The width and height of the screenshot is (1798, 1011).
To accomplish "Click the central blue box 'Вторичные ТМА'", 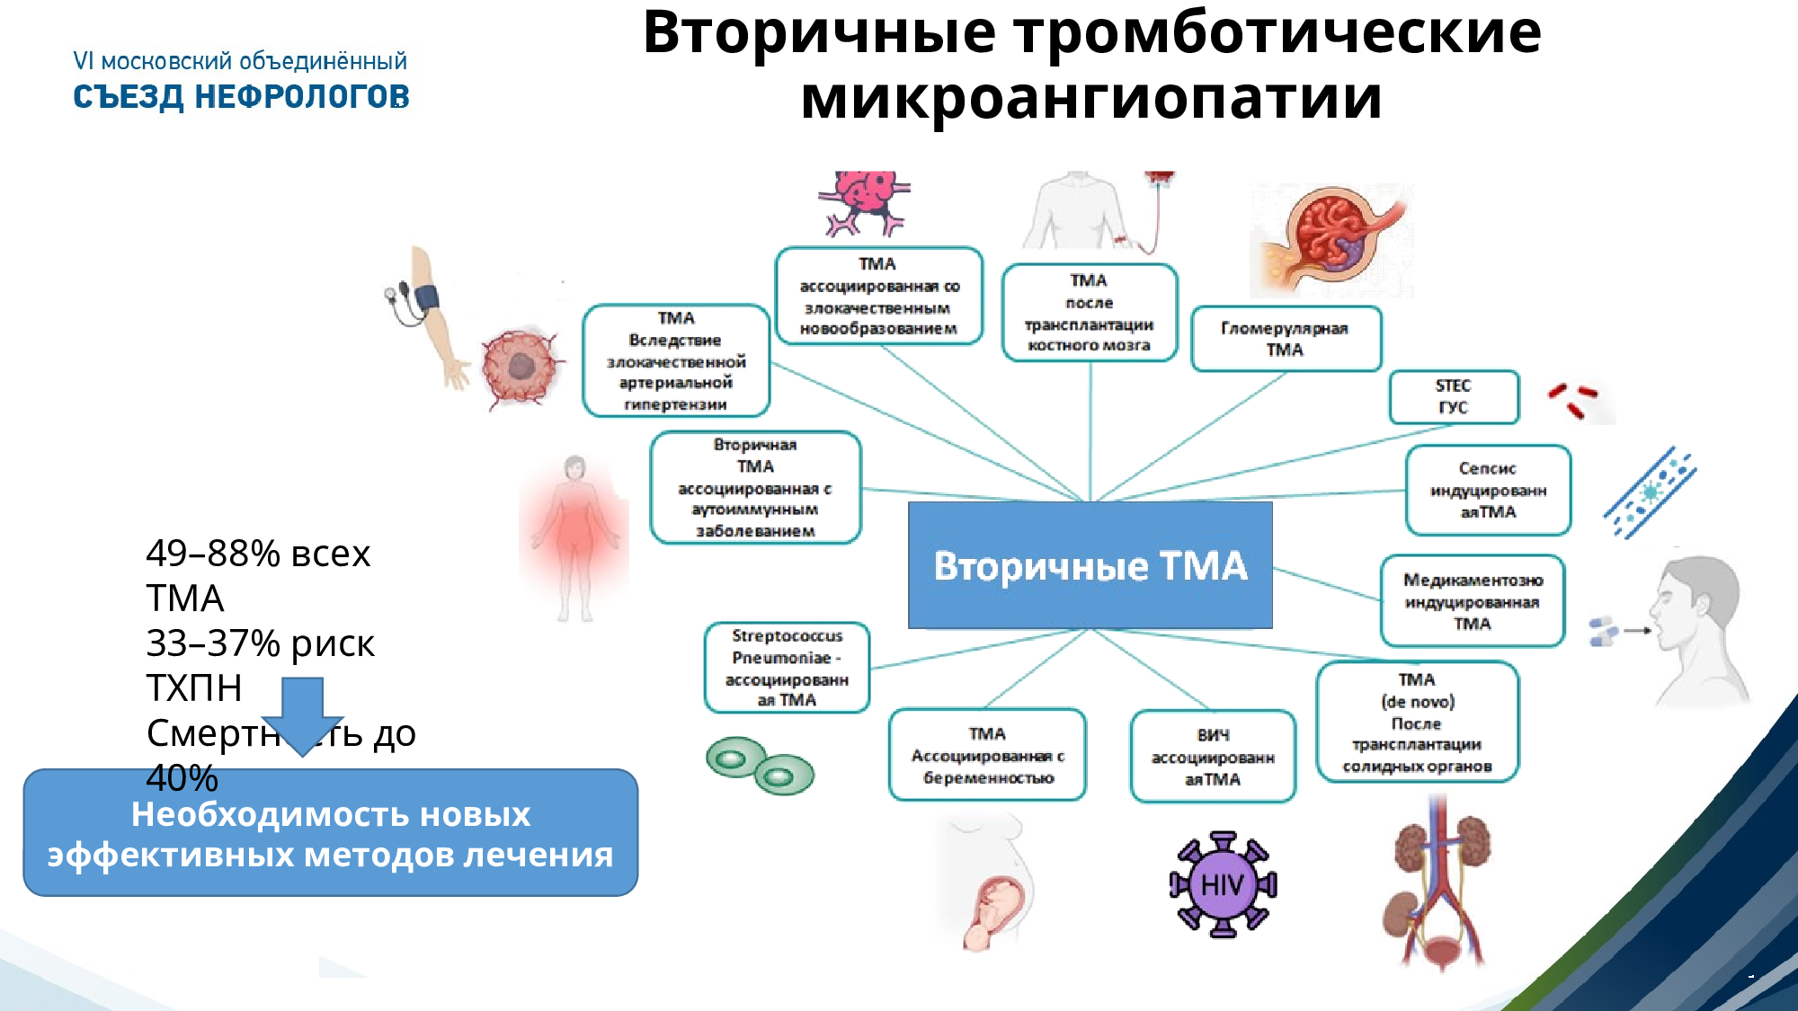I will (x=1090, y=565).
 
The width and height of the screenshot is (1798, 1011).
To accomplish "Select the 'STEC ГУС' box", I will (x=1454, y=396).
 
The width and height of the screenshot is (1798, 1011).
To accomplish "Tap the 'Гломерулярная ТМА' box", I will (x=1286, y=339).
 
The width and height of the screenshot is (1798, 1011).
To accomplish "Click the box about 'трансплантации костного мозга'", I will (x=1089, y=313).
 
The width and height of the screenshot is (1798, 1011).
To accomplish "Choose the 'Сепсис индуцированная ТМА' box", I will (x=1488, y=490).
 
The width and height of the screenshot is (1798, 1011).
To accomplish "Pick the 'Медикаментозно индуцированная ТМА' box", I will (x=1472, y=601).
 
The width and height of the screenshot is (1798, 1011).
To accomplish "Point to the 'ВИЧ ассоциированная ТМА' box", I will (x=1213, y=757).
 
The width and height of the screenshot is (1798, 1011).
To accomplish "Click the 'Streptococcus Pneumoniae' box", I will (x=787, y=668).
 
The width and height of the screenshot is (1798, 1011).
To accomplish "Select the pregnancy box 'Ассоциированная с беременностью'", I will (x=987, y=755).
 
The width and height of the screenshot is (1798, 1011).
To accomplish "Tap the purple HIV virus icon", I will (x=1223, y=884).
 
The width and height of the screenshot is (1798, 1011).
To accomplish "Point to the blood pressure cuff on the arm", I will (x=423, y=301).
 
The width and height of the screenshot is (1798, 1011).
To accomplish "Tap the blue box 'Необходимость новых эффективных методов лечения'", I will (x=330, y=833).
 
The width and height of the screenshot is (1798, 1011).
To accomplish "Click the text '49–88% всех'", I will (x=258, y=554).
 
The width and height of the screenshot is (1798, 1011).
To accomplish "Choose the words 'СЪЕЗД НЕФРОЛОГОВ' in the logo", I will (x=241, y=97).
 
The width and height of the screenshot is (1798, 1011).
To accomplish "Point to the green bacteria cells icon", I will (x=760, y=766).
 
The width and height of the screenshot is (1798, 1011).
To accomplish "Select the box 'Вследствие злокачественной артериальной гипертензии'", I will (x=676, y=361).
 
